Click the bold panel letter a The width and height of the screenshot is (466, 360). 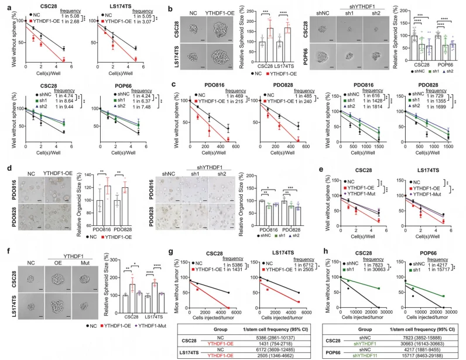tap(4, 5)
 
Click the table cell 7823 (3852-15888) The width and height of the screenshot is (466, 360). tap(425, 320)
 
